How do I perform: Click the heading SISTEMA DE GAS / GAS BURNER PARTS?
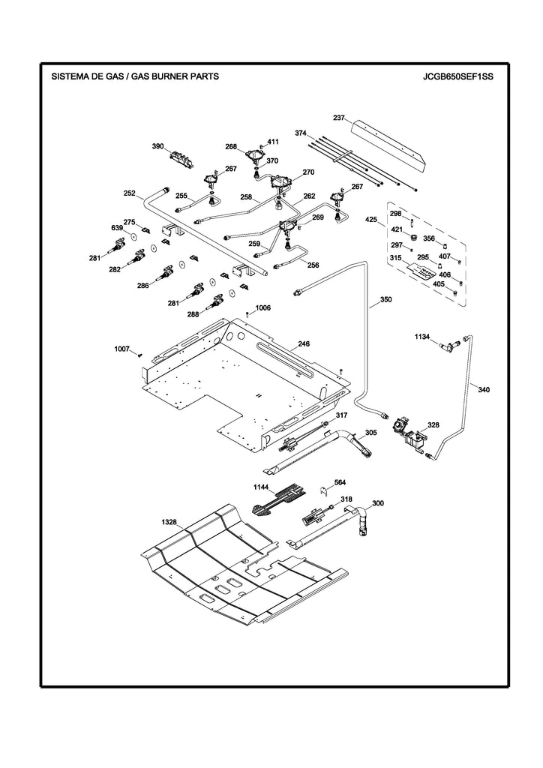[134, 76]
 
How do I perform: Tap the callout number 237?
[339, 118]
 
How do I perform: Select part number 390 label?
[158, 146]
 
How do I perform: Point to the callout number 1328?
[169, 520]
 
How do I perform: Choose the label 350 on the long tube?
[385, 300]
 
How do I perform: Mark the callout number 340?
[484, 389]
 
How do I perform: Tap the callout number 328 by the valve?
[433, 425]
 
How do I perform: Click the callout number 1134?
[422, 337]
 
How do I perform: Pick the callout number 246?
[303, 344]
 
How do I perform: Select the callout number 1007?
[121, 349]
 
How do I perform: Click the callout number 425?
[371, 220]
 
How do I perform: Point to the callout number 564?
[340, 482]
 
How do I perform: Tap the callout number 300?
[378, 503]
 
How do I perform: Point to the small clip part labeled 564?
[325, 492]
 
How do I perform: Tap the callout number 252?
[130, 193]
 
